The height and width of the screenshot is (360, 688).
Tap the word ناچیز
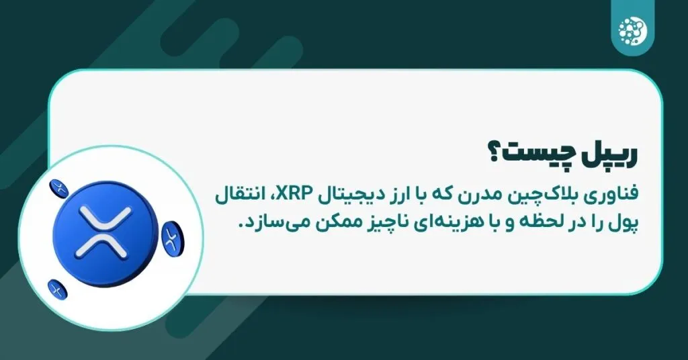click(x=388, y=224)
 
